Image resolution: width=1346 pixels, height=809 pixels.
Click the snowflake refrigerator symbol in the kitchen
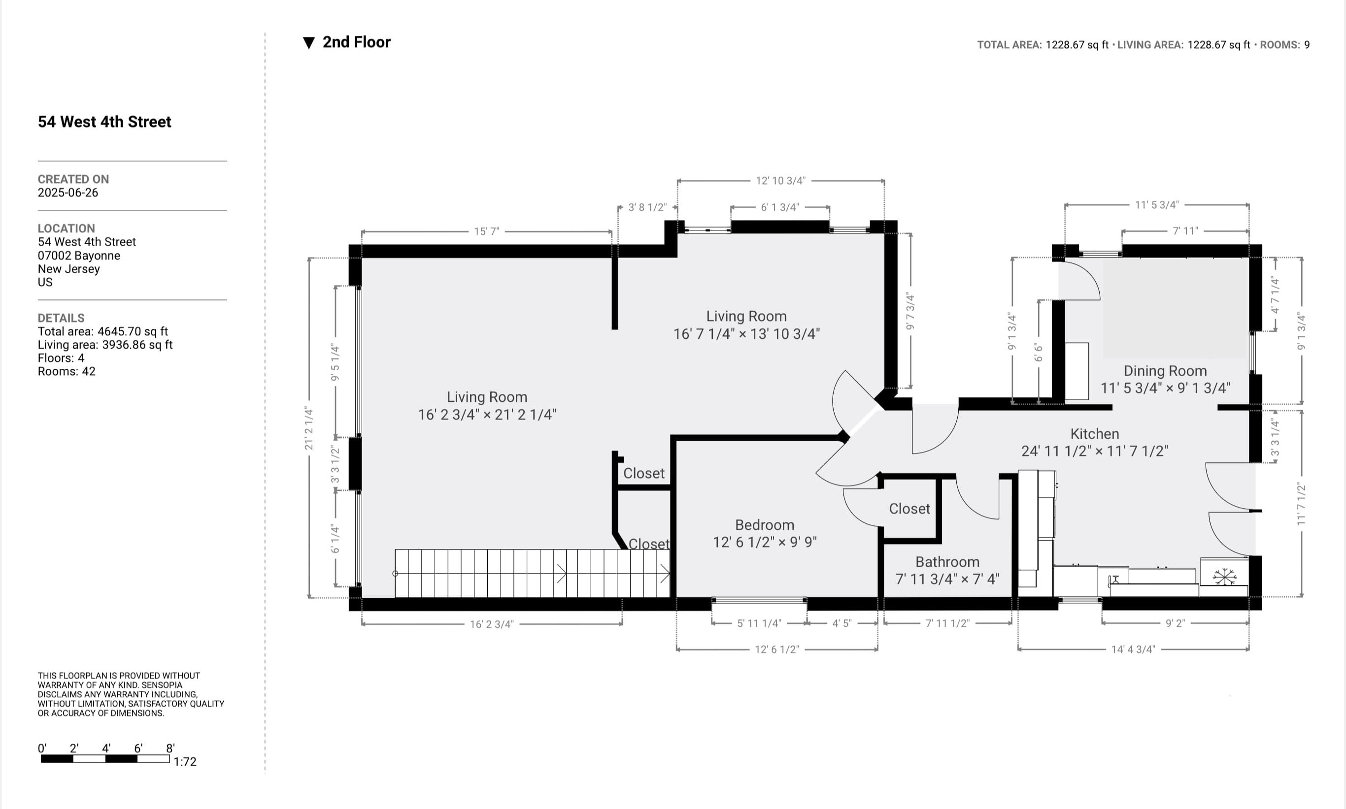(1224, 576)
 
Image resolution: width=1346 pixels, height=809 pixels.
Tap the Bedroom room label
(764, 525)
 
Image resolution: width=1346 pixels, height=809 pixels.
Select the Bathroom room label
(947, 562)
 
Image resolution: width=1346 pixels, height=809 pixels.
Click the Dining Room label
(1165, 371)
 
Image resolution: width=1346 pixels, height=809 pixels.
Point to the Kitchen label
(1094, 434)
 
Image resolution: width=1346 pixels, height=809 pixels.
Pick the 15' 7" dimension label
(486, 232)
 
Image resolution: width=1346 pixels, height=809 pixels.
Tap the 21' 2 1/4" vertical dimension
(309, 428)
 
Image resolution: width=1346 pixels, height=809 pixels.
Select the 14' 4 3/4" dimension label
(1133, 649)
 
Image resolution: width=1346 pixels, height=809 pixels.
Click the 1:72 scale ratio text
(185, 762)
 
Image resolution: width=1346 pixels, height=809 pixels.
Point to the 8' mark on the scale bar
(170, 748)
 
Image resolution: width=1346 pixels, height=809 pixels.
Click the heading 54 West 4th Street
(104, 122)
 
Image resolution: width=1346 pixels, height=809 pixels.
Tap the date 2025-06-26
(67, 193)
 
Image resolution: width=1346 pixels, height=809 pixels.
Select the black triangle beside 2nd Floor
(309, 43)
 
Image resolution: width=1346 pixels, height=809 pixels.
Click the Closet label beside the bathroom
(909, 509)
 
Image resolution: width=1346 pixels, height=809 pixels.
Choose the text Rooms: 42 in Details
(66, 371)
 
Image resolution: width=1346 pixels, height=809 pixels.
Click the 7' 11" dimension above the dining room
(1184, 231)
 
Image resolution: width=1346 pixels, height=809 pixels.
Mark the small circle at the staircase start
(396, 574)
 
